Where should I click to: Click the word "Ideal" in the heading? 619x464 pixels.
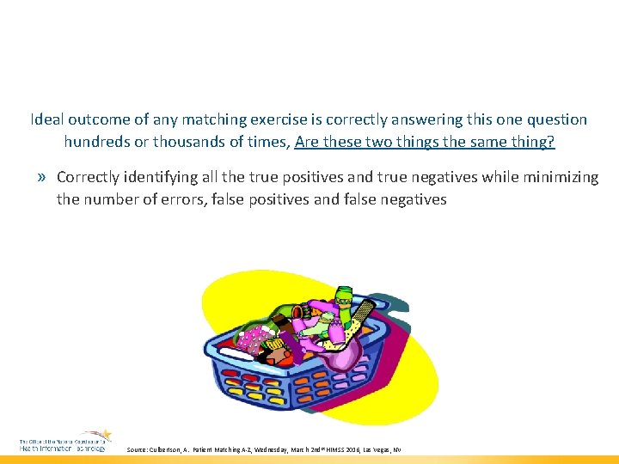click(46, 119)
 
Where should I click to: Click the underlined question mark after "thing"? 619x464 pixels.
click(551, 141)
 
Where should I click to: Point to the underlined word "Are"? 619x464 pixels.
click(307, 141)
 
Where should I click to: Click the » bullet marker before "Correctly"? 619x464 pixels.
click(42, 178)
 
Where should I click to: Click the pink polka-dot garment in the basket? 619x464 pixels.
click(252, 338)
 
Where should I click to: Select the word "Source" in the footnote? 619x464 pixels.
click(138, 450)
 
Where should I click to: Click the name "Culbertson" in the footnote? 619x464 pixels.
click(173, 450)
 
